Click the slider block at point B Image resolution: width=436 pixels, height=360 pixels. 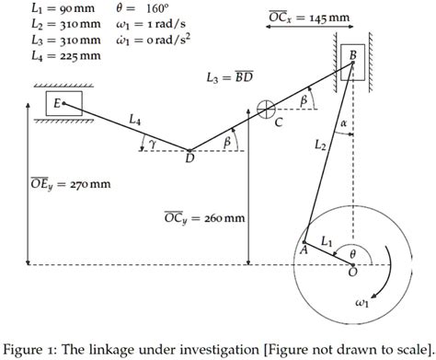[x=352, y=58]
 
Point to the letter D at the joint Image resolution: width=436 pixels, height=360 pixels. [x=189, y=159]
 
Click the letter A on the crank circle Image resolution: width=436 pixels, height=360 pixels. [x=304, y=248]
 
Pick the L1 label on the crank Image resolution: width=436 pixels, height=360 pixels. [x=327, y=241]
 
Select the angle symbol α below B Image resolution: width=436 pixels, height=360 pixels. [x=342, y=122]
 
